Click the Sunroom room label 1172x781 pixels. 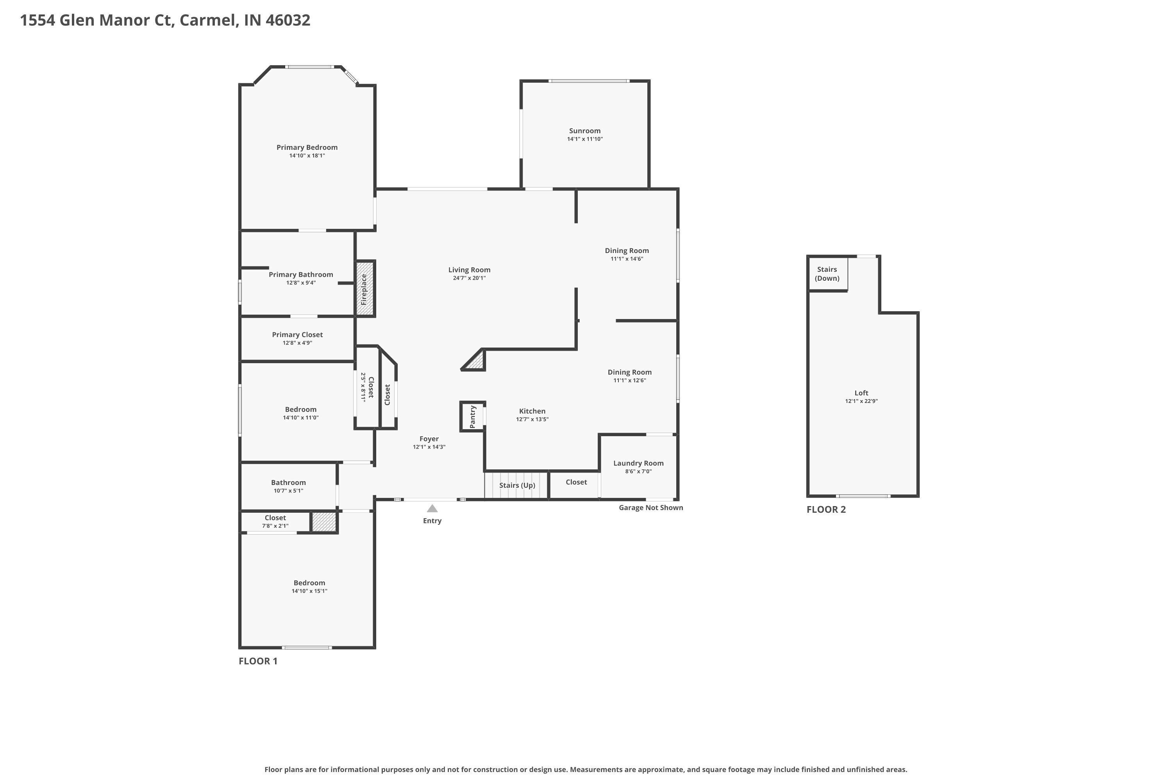click(584, 131)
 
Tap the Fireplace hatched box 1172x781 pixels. click(365, 289)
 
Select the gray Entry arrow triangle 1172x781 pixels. click(432, 508)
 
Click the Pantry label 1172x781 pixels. click(473, 416)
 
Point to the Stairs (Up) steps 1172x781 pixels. click(517, 485)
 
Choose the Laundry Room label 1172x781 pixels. click(638, 463)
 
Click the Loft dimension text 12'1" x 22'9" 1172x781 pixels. click(861, 401)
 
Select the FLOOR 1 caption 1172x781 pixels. click(258, 661)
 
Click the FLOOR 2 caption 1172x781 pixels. click(826, 510)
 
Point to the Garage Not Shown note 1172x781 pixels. click(651, 508)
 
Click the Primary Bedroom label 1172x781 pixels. click(307, 148)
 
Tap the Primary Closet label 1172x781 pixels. click(297, 335)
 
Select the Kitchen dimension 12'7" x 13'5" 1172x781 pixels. click(532, 419)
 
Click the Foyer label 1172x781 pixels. click(429, 439)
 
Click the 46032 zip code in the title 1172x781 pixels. click(288, 20)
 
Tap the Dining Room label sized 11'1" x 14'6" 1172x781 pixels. click(627, 251)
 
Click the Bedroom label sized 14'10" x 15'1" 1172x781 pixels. click(309, 583)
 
